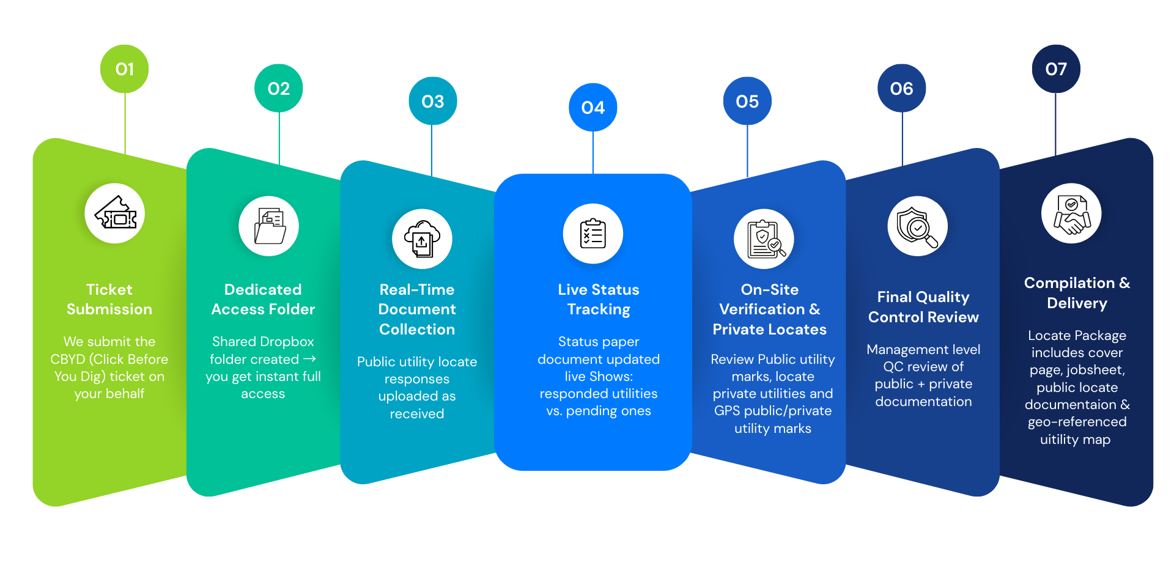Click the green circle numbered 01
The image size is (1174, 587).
click(124, 68)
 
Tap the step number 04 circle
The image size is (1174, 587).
click(593, 108)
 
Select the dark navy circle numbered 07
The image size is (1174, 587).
click(1055, 68)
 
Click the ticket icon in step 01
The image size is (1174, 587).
click(115, 213)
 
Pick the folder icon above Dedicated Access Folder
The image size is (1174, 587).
click(269, 226)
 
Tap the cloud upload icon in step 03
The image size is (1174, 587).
click(422, 239)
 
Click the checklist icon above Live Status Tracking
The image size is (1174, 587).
click(593, 234)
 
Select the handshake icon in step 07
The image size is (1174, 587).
click(1071, 213)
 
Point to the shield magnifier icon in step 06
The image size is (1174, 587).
click(917, 226)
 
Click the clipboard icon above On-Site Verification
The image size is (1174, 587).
click(764, 239)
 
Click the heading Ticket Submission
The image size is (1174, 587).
click(109, 299)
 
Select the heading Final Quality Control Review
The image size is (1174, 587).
click(923, 307)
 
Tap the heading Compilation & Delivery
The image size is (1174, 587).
click(1077, 293)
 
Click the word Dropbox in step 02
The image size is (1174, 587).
click(287, 342)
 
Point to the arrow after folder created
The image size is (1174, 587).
click(310, 359)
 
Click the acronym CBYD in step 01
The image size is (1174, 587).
click(67, 360)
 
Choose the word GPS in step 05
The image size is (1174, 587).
click(727, 411)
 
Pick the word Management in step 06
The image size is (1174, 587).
click(896, 350)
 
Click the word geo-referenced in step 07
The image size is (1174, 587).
click(1077, 422)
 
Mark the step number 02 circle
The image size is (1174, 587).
click(278, 88)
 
